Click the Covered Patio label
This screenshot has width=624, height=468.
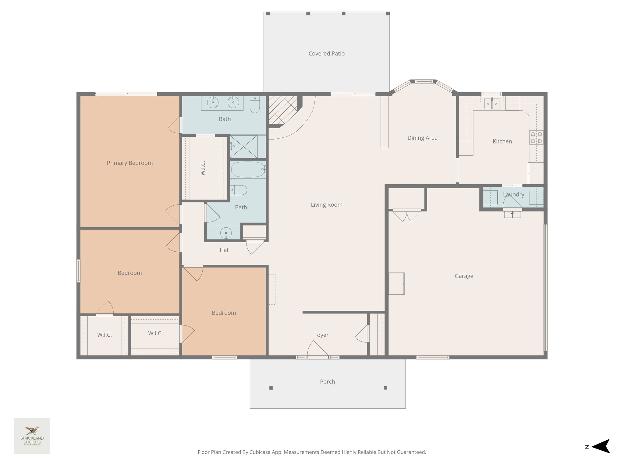click(x=326, y=54)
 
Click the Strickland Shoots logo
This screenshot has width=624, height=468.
click(x=32, y=436)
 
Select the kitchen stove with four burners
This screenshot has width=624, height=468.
click(x=536, y=137)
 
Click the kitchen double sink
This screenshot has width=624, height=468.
click(x=492, y=104)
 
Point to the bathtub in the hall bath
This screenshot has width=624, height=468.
click(x=248, y=169)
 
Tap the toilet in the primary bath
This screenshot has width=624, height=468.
click(x=254, y=105)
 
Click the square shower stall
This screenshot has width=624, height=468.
click(x=243, y=147)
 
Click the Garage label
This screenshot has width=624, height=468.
click(x=464, y=276)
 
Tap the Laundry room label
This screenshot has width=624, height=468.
click(x=513, y=194)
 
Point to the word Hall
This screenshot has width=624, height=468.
click(x=225, y=250)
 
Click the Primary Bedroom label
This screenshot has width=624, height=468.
click(x=129, y=163)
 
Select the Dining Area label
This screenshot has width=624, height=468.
click(x=422, y=138)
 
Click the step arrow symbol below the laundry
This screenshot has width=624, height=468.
click(x=512, y=214)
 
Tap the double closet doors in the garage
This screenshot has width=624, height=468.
click(x=407, y=215)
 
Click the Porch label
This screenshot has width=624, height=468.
click(x=327, y=381)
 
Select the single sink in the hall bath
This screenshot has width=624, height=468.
click(x=226, y=233)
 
